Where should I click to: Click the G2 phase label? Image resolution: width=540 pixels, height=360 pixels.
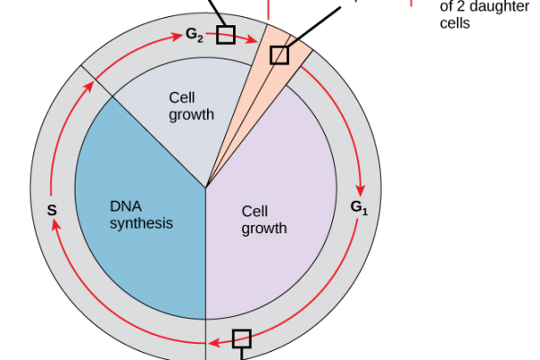tap(194, 35)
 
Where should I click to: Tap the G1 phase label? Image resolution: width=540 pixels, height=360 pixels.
tap(360, 208)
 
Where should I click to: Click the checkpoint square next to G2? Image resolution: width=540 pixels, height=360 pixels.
tap(226, 35)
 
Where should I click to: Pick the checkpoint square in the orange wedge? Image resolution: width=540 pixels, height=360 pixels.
tap(279, 55)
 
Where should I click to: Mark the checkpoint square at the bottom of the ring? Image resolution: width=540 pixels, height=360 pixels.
tap(241, 338)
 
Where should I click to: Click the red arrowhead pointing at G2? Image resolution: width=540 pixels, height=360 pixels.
tap(176, 38)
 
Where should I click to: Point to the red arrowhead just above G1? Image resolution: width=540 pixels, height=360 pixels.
tap(362, 190)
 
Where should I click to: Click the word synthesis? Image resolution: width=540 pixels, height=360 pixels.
tap(140, 223)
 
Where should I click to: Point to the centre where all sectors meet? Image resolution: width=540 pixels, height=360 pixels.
tap(206, 187)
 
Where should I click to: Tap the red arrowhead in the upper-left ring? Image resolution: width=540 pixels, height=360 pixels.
tap(90, 85)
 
